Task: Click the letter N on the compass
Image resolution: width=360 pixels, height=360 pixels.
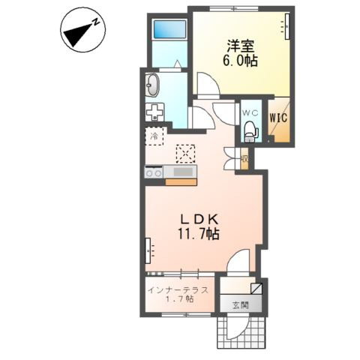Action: (96, 22)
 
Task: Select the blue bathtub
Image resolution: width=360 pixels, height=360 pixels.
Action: (170, 29)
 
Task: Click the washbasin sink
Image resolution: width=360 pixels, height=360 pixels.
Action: (152, 85)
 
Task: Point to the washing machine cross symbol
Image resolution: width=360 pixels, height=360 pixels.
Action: (154, 112)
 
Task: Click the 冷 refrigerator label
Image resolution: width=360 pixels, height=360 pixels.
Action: (154, 136)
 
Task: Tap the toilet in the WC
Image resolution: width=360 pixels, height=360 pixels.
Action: (251, 131)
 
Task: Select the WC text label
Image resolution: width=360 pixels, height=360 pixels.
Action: (250, 113)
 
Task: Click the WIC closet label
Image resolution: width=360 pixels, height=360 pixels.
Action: (279, 118)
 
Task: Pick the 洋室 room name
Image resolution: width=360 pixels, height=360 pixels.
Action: (241, 46)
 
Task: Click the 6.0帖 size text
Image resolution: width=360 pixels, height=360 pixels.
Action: (240, 61)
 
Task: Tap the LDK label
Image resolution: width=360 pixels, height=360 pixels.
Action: (199, 220)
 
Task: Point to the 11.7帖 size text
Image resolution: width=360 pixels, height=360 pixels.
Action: (199, 234)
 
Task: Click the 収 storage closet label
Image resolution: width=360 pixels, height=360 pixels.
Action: (244, 158)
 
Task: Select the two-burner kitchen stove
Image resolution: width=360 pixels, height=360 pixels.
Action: (154, 172)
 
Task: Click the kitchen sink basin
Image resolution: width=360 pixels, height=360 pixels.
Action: (184, 172)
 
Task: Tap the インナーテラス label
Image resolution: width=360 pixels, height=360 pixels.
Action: (178, 290)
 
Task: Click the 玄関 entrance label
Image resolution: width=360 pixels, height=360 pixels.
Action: (241, 304)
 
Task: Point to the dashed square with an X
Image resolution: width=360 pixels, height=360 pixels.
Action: (185, 154)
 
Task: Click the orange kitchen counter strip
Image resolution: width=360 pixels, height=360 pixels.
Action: (181, 182)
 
